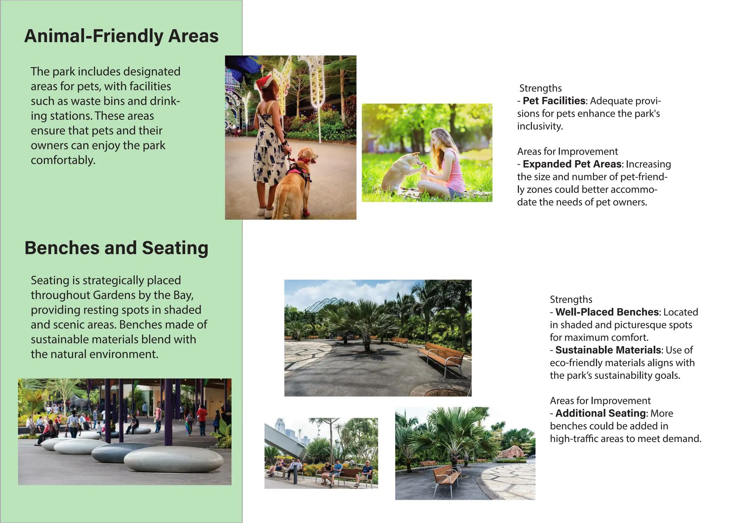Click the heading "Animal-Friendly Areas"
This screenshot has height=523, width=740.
(121, 36)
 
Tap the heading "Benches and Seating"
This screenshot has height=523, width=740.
(116, 248)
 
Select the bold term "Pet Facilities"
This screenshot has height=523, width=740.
(554, 101)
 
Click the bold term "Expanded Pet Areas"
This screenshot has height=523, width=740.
(572, 164)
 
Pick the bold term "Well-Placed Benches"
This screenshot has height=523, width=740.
(607, 312)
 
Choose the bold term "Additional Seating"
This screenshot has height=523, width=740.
(601, 413)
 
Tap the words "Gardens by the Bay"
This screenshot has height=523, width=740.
(143, 295)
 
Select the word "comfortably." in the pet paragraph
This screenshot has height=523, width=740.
(63, 160)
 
